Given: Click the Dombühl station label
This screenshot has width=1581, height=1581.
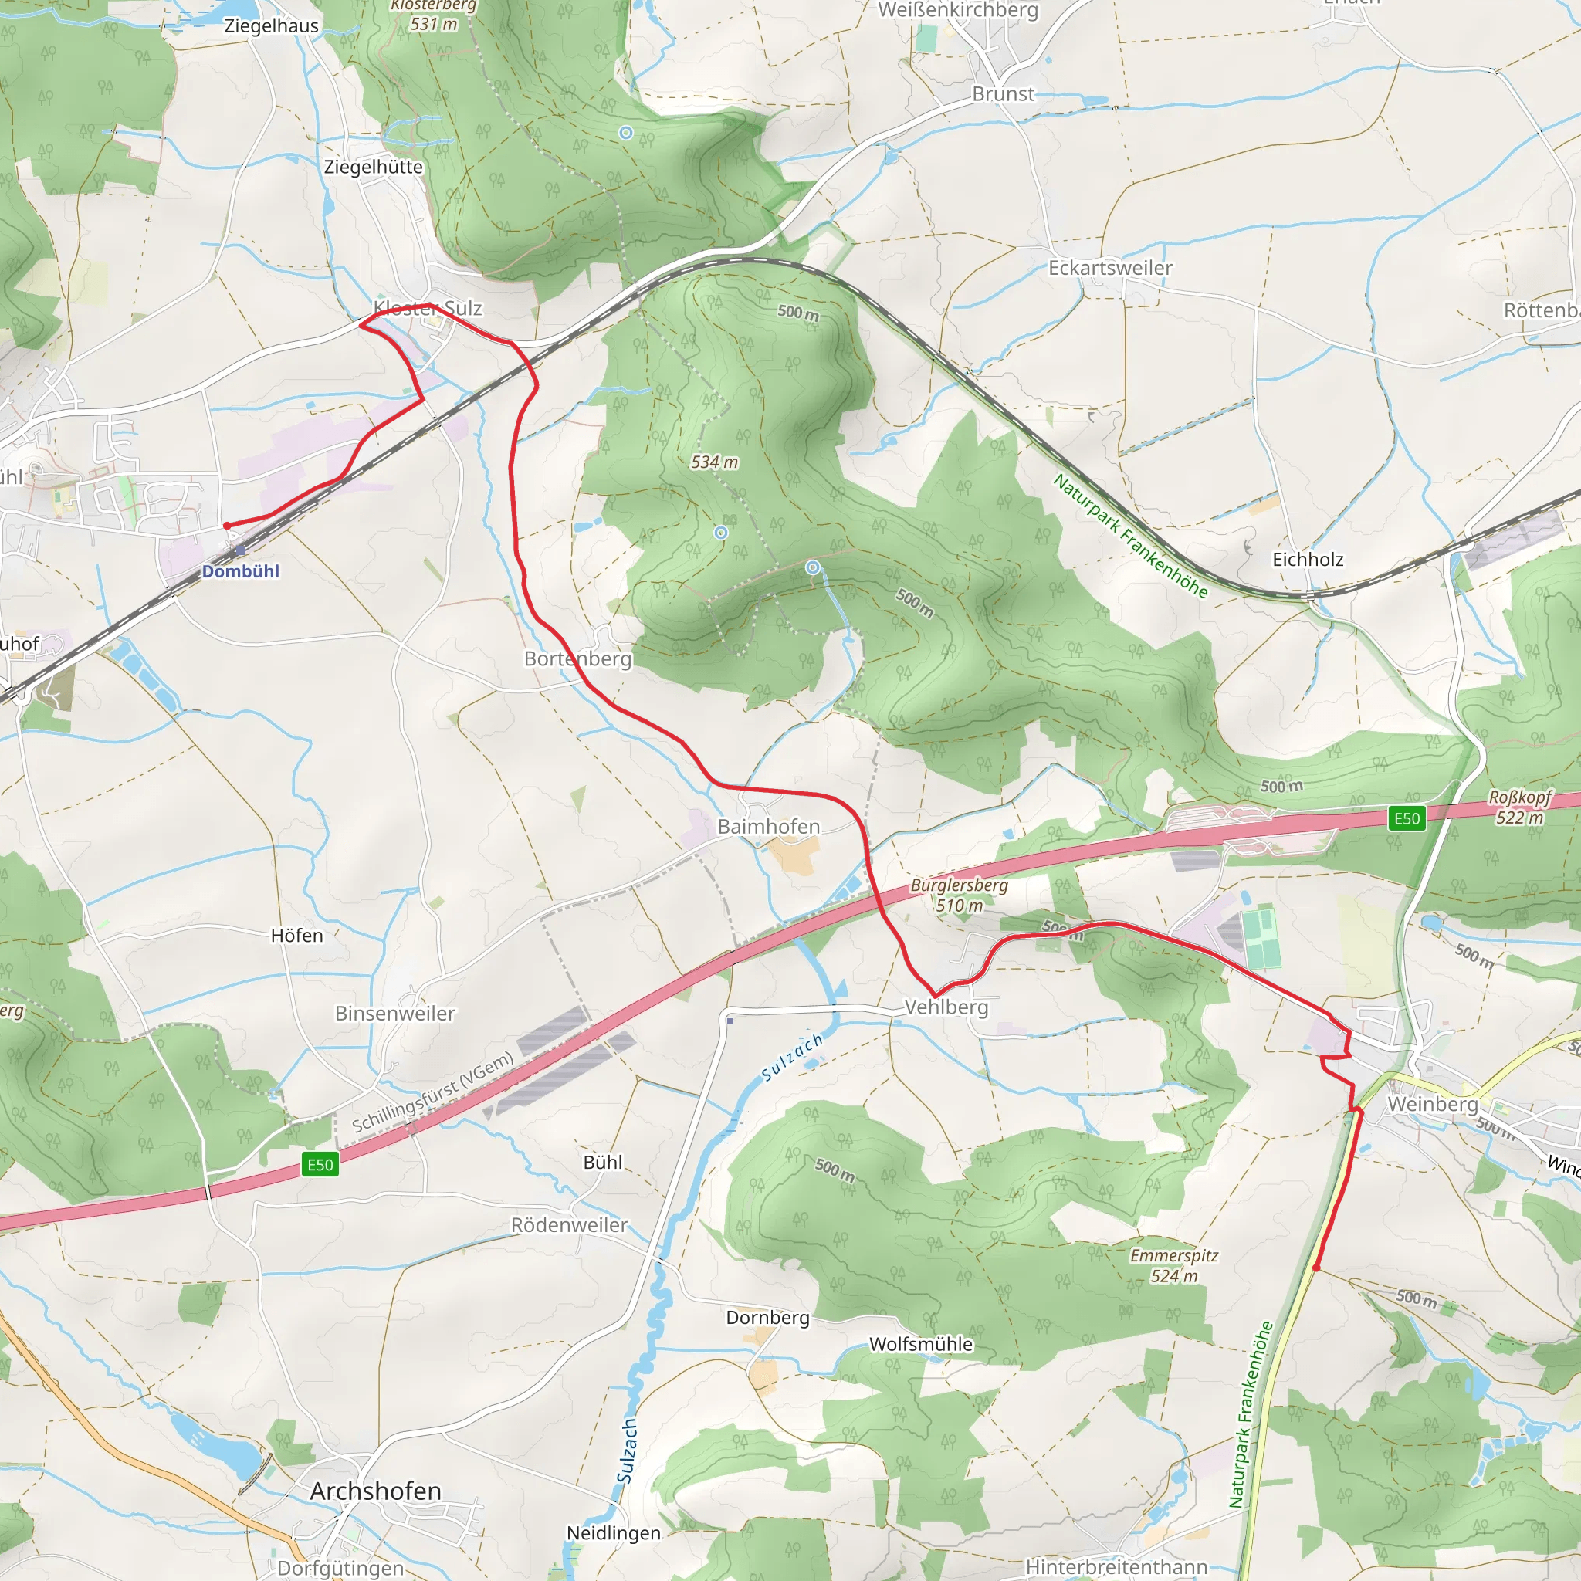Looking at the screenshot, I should pos(241,571).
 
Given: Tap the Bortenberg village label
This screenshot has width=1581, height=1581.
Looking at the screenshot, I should pos(577,658).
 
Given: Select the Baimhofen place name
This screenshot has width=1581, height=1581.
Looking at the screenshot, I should pos(768,827).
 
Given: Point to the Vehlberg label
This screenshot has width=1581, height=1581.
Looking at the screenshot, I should pos(946,1007).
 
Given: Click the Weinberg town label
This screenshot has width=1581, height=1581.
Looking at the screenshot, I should pos(1432,1104).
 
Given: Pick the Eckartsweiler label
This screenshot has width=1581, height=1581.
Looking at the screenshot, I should pos(1109,268).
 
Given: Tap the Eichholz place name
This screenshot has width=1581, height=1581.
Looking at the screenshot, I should pos(1308,559).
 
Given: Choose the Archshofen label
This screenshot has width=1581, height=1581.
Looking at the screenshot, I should pos(376,1491).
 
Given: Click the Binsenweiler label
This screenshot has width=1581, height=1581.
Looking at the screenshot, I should pos(394,1013).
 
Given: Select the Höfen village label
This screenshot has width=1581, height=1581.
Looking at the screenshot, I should pos(297,936).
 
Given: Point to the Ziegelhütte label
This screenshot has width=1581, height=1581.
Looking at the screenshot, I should pos(373,167).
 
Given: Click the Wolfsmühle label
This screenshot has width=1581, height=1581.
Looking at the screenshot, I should pos(921,1344).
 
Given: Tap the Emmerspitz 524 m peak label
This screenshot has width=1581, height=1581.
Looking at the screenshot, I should pos(1173,1265).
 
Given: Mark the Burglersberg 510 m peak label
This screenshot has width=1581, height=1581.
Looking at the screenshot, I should pos(959,895).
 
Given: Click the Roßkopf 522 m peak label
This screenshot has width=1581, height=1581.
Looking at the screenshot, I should pos(1519,807).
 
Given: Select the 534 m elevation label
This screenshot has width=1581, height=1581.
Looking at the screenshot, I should pos(714,462).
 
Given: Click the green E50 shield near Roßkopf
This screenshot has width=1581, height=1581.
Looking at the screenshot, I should pos(1407,818).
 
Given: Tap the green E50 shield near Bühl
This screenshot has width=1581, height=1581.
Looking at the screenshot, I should pos(320,1164).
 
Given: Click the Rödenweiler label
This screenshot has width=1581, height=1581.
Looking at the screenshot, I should pos(569,1225).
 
